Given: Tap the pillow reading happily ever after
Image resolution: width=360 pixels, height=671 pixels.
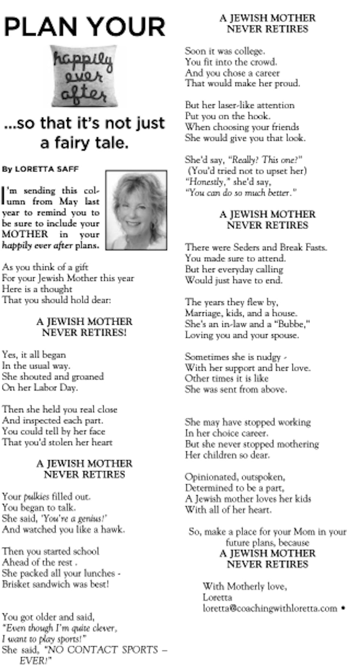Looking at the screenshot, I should pyautogui.click(x=84, y=76).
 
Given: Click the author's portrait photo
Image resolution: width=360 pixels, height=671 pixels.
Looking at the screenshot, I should pyautogui.click(x=136, y=210).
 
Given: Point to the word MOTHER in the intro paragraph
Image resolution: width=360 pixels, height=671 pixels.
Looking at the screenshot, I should pyautogui.click(x=25, y=234).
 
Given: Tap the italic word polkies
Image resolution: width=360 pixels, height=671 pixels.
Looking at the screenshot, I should pyautogui.click(x=36, y=496).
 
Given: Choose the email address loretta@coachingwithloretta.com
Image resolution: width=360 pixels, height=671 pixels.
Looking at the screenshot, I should pyautogui.click(x=270, y=608).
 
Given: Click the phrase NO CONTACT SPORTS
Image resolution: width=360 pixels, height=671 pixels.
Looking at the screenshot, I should pyautogui.click(x=103, y=649).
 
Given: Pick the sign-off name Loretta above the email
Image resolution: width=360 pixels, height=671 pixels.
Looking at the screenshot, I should pyautogui.click(x=217, y=597).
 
